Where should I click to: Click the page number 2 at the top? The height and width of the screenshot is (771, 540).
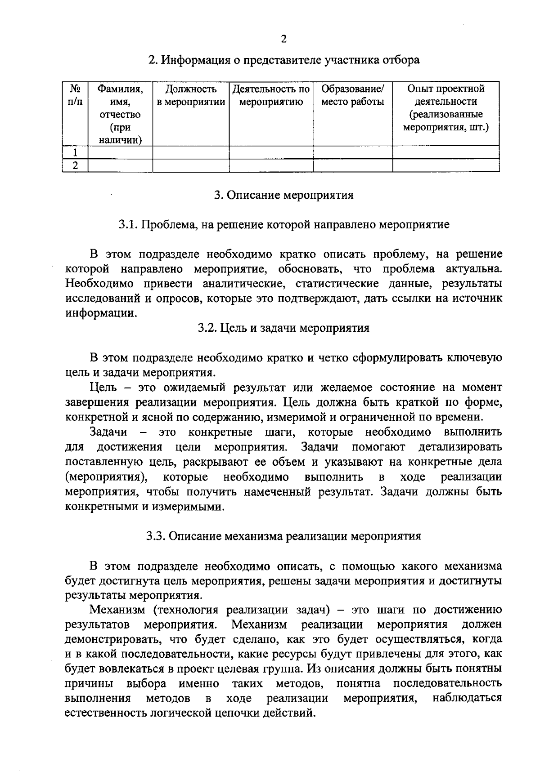tap(283, 39)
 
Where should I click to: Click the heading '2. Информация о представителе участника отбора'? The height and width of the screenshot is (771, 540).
tap(284, 60)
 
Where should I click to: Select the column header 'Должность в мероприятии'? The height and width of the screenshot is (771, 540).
tap(191, 95)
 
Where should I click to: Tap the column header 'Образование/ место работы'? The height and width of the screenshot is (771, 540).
tap(352, 95)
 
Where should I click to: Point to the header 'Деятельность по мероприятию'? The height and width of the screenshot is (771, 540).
tap(271, 95)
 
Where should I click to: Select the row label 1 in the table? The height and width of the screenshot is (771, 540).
tap(75, 153)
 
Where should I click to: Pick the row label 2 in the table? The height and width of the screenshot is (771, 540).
tap(75, 165)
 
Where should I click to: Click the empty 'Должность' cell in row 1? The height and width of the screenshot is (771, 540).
tap(191, 153)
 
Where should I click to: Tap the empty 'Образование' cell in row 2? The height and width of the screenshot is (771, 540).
tap(352, 165)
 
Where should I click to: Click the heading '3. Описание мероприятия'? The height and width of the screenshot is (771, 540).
tap(283, 195)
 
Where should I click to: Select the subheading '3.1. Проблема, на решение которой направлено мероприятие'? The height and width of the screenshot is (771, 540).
tap(283, 224)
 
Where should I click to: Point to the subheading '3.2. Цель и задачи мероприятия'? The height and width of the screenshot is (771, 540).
tap(283, 328)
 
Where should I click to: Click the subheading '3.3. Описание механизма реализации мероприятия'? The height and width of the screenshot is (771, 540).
tap(283, 536)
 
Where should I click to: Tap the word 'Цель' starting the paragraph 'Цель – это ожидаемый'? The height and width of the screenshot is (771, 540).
tap(103, 388)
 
